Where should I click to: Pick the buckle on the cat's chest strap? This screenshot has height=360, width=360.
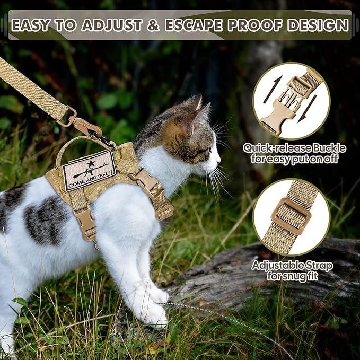coord(152,186)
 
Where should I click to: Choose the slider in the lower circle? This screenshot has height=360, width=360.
coord(291,216)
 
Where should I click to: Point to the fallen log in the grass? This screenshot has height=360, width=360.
coord(276,276)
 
